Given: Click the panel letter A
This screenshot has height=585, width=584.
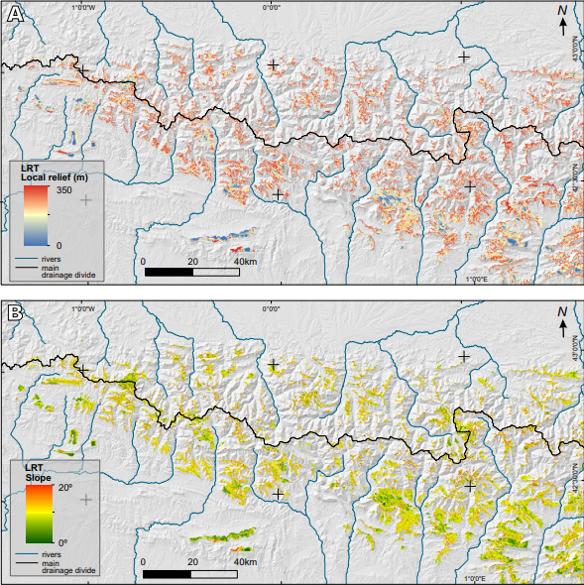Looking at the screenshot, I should (x=17, y=17).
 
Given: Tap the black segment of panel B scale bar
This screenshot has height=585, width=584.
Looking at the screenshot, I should (x=167, y=573).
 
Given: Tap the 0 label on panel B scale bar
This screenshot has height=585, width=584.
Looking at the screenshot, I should (x=144, y=561).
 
